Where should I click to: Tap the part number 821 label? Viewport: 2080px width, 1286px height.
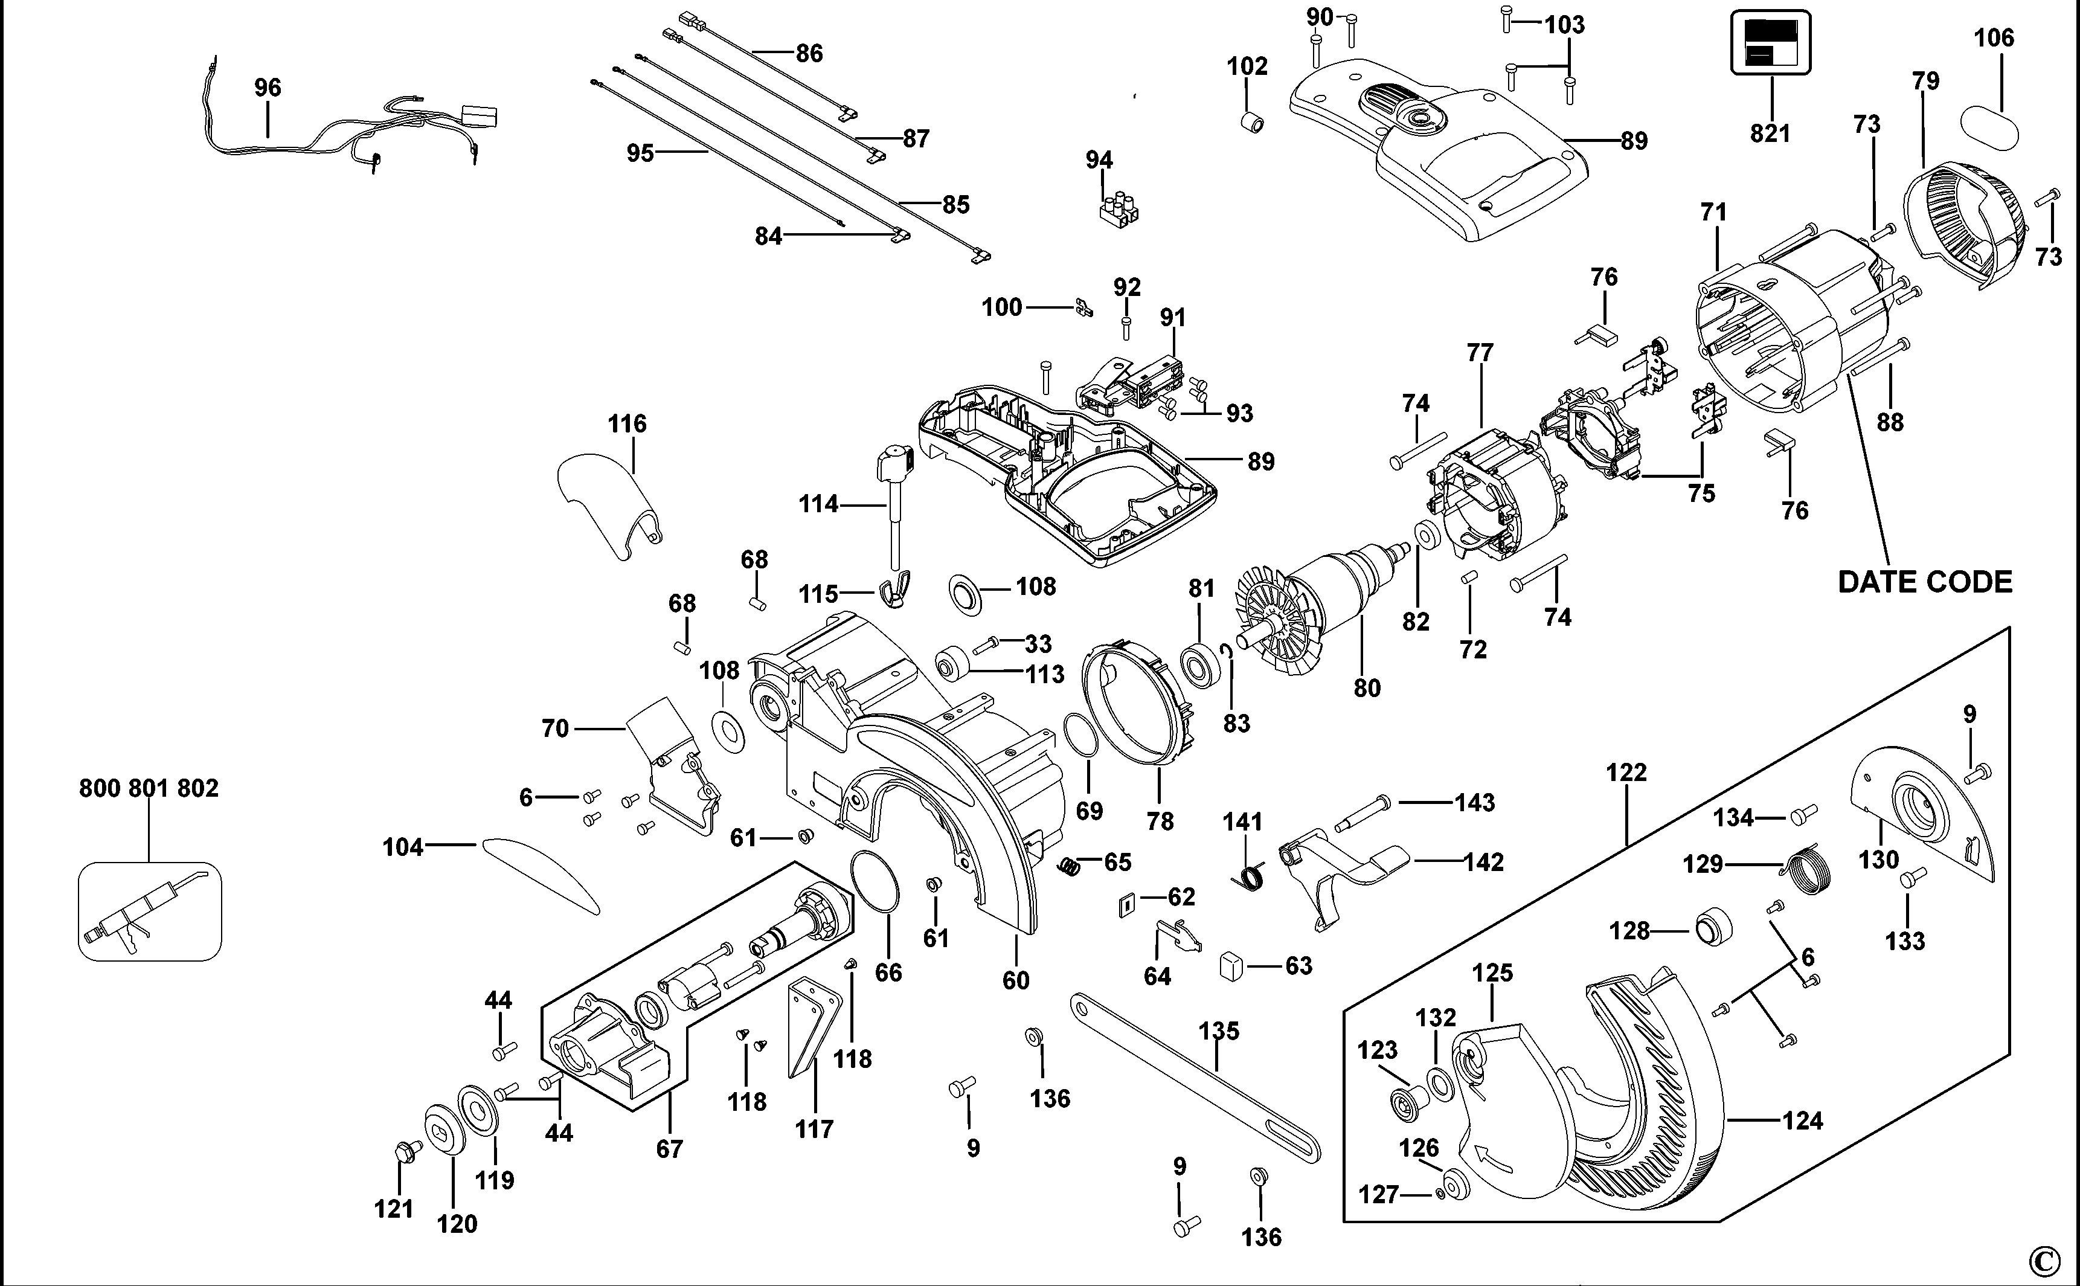(x=1770, y=133)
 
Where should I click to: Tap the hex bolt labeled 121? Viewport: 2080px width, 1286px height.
(x=404, y=1153)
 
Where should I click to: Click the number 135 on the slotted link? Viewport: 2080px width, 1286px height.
(x=1219, y=1031)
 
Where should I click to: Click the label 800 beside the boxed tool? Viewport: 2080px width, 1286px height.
(x=100, y=788)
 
